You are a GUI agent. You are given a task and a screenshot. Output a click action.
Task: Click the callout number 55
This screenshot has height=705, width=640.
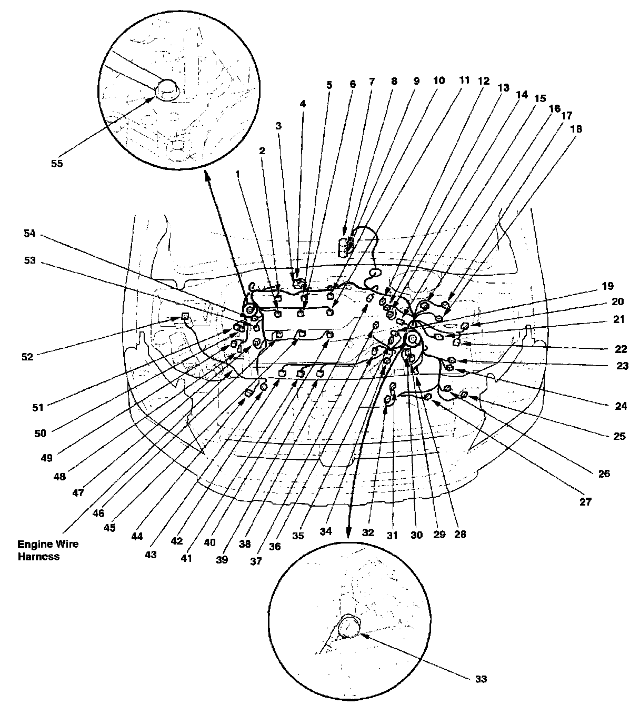pos(56,163)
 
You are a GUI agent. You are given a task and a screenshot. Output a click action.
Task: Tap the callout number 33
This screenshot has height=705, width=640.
pos(481,679)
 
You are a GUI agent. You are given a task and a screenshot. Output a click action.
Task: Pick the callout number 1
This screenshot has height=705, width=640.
pos(237,172)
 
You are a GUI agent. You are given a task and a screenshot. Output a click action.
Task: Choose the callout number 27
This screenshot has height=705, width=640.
pos(586,502)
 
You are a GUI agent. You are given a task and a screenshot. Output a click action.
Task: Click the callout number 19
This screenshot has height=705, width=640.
pos(608,287)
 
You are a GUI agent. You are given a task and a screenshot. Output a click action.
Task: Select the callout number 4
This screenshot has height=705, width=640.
pos(303,104)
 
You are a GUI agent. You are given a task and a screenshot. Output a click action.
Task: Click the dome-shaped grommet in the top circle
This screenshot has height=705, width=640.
pos(168,90)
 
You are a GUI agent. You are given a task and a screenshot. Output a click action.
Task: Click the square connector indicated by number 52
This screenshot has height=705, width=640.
pos(185,317)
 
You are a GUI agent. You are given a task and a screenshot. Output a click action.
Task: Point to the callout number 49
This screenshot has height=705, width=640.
pos(47,457)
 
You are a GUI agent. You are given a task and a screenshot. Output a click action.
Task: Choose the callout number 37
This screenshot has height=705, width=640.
pos(256,561)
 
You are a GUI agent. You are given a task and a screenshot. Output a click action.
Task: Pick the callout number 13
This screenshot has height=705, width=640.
pos(504,88)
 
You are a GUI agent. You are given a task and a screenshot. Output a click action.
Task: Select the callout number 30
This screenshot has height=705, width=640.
pos(417,535)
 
